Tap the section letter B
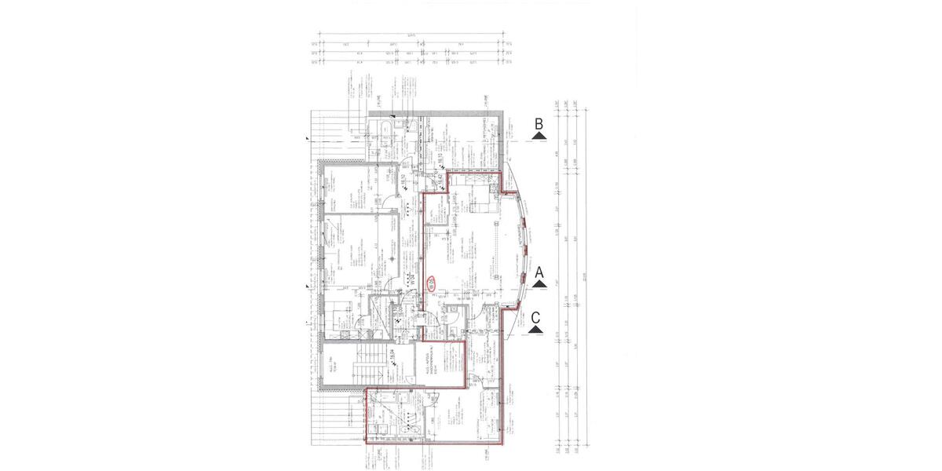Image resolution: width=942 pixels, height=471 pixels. [539, 124]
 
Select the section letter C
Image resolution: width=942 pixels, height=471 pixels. [535, 318]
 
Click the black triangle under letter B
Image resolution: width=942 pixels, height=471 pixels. [538, 136]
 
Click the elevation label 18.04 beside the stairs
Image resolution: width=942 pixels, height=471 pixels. [390, 358]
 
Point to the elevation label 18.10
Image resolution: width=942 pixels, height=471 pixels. [441, 162]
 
